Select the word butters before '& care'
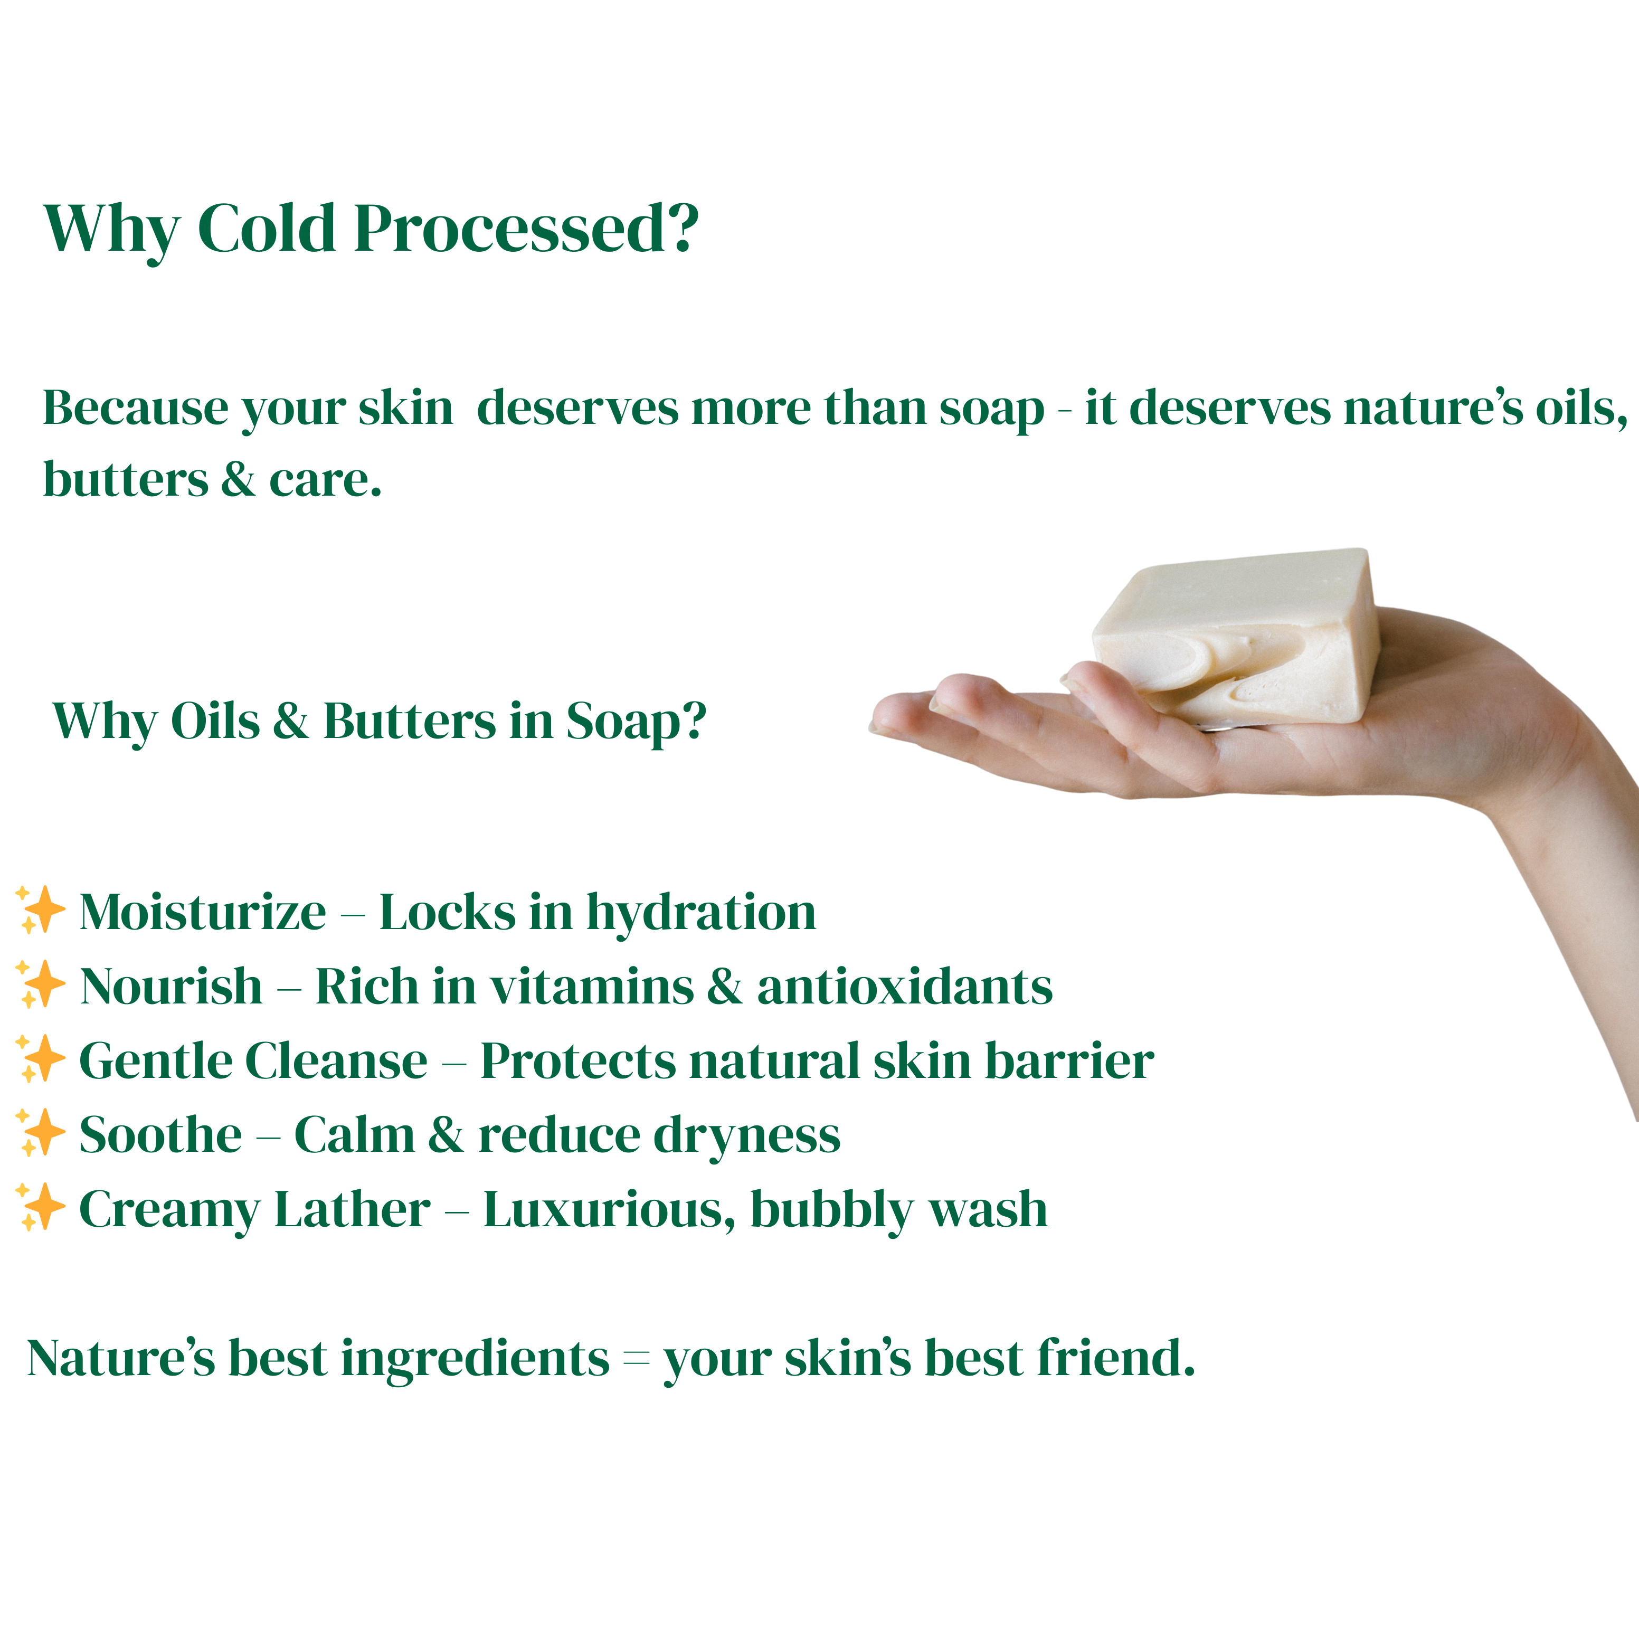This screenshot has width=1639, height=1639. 125,480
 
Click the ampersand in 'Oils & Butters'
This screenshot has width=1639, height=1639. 291,722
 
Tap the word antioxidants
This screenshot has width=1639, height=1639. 904,988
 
